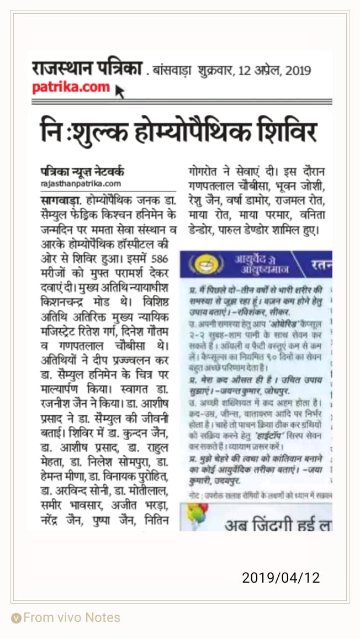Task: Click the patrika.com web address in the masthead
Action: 71,88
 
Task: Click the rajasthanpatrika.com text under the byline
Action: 81,183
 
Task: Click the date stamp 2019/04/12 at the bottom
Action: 280,578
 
